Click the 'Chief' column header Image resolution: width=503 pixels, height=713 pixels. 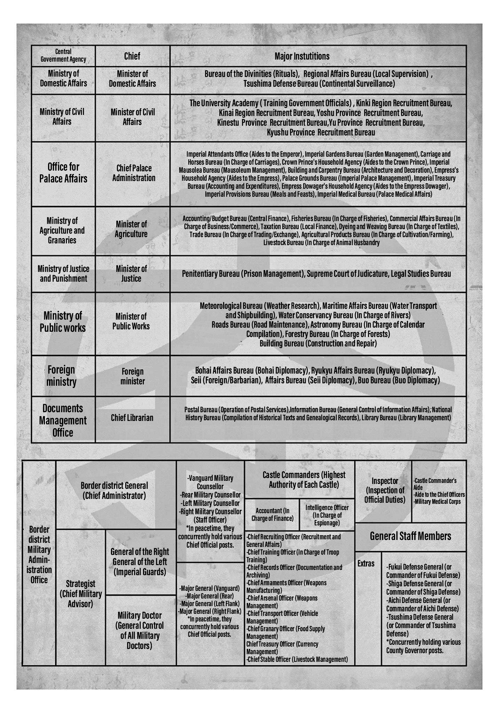132,56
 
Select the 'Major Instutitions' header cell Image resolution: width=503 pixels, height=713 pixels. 302,56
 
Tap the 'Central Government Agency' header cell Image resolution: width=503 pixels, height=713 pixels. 63,56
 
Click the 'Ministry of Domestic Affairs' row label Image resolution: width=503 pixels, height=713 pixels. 63,78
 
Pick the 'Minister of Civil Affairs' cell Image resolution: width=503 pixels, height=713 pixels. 133,117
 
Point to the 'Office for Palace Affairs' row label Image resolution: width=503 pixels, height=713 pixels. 63,173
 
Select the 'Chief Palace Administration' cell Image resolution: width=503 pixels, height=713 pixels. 134,173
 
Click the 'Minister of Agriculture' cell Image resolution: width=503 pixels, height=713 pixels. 132,229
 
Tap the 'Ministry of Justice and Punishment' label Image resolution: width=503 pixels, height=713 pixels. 63,274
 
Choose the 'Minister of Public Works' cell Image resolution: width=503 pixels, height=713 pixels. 131,321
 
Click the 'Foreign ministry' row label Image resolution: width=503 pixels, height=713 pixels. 61,376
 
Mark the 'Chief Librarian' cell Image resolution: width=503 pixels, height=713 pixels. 132,418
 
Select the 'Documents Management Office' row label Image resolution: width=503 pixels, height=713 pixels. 63,421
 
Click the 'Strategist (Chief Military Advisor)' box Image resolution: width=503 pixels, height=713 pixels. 80,594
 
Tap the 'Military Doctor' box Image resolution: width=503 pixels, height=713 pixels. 139,630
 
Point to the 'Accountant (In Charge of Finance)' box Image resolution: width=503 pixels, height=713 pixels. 272,514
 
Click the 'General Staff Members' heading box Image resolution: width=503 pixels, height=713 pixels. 410,536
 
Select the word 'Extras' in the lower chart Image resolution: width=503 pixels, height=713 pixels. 366,564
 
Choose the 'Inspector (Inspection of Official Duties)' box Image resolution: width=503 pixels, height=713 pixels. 385,490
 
